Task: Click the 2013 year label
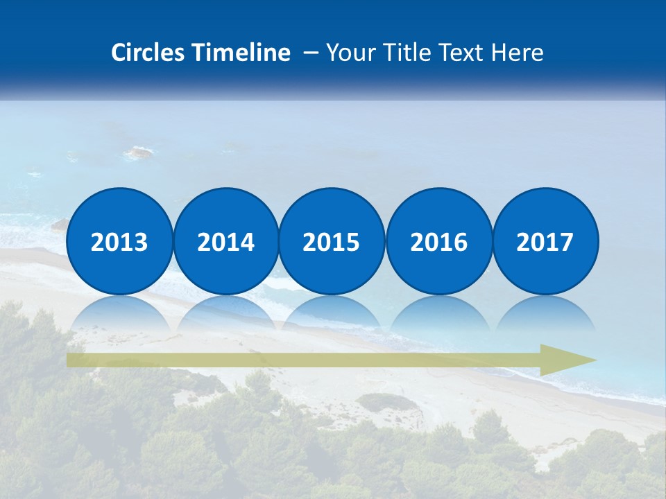coord(119,243)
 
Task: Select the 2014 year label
coord(225,243)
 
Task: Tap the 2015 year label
coord(332,243)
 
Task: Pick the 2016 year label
coord(438,243)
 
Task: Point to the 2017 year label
coord(545,243)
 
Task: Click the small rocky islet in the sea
coord(139,152)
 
